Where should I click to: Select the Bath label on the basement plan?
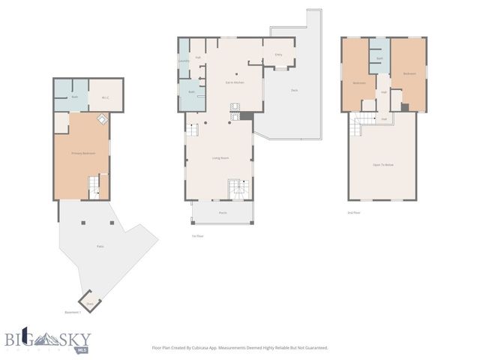point(74,97)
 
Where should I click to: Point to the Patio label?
point(99,246)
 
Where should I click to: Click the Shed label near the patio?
point(89,303)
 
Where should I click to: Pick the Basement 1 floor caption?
point(73,313)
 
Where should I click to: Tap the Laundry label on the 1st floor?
point(184,61)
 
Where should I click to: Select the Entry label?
point(278,54)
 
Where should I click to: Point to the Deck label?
point(295,90)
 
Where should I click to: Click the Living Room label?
point(220,157)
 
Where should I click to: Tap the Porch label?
point(222,212)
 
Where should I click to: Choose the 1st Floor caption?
point(198,235)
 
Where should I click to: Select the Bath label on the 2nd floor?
point(380,58)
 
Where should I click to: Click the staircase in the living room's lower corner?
point(236,190)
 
